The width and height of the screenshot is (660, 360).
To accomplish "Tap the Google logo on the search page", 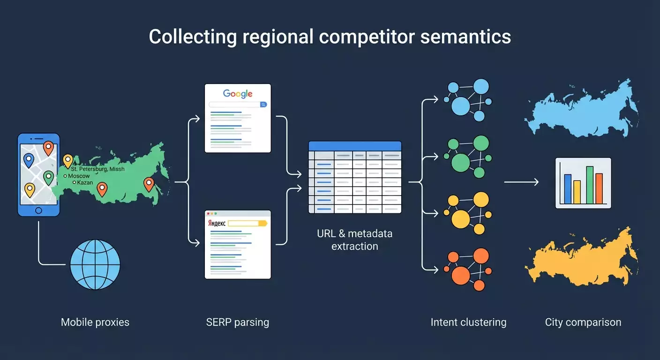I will [x=238, y=93].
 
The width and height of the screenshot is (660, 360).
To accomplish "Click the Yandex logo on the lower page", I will [x=217, y=224].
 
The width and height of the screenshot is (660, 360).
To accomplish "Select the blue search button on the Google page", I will [x=263, y=105].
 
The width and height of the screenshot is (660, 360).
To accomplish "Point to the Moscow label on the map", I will [x=79, y=176].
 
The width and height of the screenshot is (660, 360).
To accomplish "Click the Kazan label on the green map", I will [x=85, y=182].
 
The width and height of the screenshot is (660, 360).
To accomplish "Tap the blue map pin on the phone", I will [x=29, y=160].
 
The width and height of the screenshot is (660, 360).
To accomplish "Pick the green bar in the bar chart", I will [x=590, y=185].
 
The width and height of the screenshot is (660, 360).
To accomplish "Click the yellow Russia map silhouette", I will [x=581, y=258].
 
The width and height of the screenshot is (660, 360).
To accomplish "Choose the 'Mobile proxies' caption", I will [x=95, y=322].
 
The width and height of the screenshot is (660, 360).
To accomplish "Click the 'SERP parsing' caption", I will [x=238, y=322].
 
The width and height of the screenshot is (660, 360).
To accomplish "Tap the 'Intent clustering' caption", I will [x=468, y=322].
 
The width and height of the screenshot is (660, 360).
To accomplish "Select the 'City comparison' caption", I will [x=583, y=322].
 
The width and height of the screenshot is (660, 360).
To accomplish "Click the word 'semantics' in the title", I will [x=465, y=37].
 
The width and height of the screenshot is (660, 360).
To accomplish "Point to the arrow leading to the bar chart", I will [x=521, y=182].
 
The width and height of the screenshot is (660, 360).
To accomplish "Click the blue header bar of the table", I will [x=355, y=146].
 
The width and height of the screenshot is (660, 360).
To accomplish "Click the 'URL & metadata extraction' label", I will [x=355, y=240].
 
